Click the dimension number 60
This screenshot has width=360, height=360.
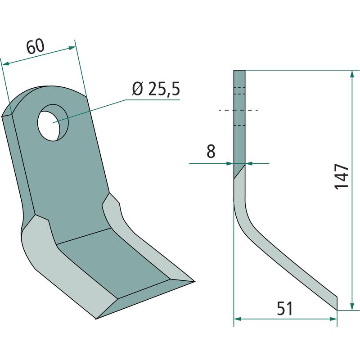[x=36, y=46]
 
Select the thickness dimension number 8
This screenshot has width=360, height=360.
[x=211, y=151]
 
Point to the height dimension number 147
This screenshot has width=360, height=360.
[x=342, y=176]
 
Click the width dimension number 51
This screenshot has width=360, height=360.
[x=285, y=309]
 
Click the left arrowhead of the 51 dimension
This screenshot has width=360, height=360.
[x=238, y=319]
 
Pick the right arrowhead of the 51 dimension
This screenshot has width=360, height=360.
[x=333, y=319]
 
